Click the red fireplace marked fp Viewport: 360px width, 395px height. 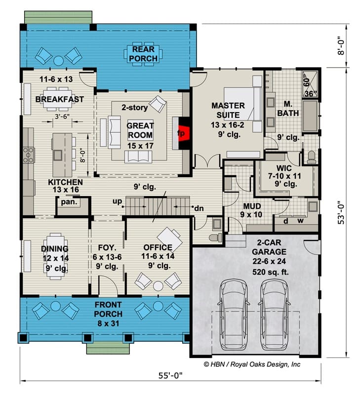tap(184, 133)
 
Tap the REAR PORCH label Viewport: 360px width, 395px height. tap(143, 54)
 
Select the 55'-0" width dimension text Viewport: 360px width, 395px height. tap(170, 376)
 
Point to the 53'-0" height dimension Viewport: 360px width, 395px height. tap(341, 212)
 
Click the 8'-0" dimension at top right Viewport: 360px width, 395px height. tap(341, 46)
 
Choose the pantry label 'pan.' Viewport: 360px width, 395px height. tap(69, 202)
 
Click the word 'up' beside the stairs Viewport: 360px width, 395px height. tap(117, 201)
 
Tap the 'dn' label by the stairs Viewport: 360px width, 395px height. tap(199, 208)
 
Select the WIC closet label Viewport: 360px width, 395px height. tap(284, 168)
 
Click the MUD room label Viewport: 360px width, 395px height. tap(252, 206)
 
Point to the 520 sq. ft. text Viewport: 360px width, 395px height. tap(270, 272)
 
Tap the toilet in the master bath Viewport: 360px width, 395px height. tap(312, 157)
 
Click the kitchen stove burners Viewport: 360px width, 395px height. tap(28, 155)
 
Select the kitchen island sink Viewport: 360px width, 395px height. tap(58, 155)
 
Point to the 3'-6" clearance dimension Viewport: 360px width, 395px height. tap(62, 117)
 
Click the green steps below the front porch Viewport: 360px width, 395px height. tap(108, 348)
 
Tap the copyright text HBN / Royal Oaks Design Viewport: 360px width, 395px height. tap(252, 364)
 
